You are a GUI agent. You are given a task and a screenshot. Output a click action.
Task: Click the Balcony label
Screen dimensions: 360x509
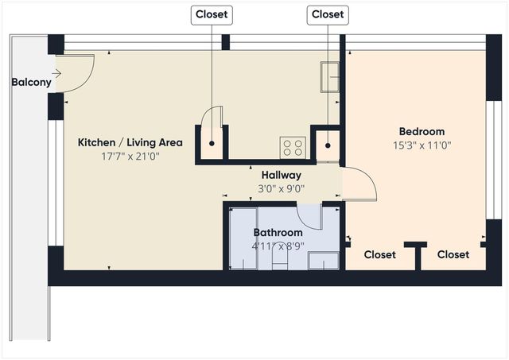coord(31,82)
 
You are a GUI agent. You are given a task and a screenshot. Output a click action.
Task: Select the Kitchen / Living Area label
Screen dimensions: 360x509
coord(130,142)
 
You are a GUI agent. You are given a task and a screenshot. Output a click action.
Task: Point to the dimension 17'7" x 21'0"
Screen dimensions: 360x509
coord(130,157)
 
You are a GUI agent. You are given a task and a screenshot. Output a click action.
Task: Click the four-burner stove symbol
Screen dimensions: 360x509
coord(293,146)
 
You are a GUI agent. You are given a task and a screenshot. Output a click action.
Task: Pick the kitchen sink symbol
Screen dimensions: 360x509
coord(330,76)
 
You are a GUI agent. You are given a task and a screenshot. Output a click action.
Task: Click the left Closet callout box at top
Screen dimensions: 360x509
coord(211,14)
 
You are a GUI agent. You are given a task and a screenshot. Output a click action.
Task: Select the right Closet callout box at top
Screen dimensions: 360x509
coord(328,14)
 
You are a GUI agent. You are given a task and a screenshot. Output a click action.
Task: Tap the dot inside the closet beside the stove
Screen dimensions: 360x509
coord(328,145)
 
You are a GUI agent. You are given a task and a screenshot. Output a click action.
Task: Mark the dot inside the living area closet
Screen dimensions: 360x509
coord(212,144)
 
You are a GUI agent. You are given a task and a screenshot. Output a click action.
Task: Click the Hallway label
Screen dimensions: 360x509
coord(281,175)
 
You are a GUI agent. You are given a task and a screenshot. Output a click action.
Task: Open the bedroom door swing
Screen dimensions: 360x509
coord(360,184)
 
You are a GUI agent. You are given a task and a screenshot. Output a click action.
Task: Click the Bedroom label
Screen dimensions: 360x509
coord(422,131)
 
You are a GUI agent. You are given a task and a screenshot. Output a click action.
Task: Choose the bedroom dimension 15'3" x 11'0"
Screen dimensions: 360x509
coord(422,145)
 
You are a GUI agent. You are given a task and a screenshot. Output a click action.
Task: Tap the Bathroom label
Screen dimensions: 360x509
coord(278,233)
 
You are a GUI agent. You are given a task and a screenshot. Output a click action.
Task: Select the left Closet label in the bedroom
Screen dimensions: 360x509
coord(379,255)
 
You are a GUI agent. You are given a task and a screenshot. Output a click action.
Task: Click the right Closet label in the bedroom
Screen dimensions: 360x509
coord(453,255)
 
